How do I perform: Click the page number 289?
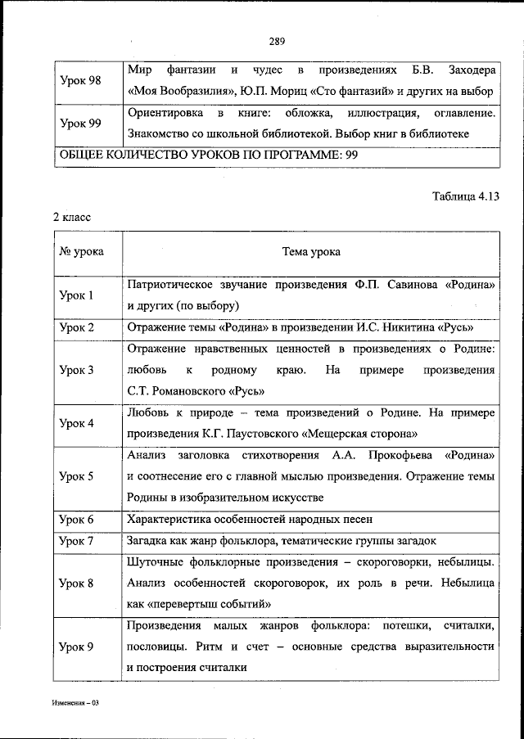(275, 42)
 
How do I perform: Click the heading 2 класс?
(72, 218)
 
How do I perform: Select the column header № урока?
(81, 252)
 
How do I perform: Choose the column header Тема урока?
(311, 252)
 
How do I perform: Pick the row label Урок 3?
(77, 370)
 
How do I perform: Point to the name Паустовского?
(263, 433)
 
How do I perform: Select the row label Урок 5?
(77, 475)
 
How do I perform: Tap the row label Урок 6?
(77, 519)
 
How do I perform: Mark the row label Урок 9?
(77, 647)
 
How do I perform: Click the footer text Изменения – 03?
(75, 704)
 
